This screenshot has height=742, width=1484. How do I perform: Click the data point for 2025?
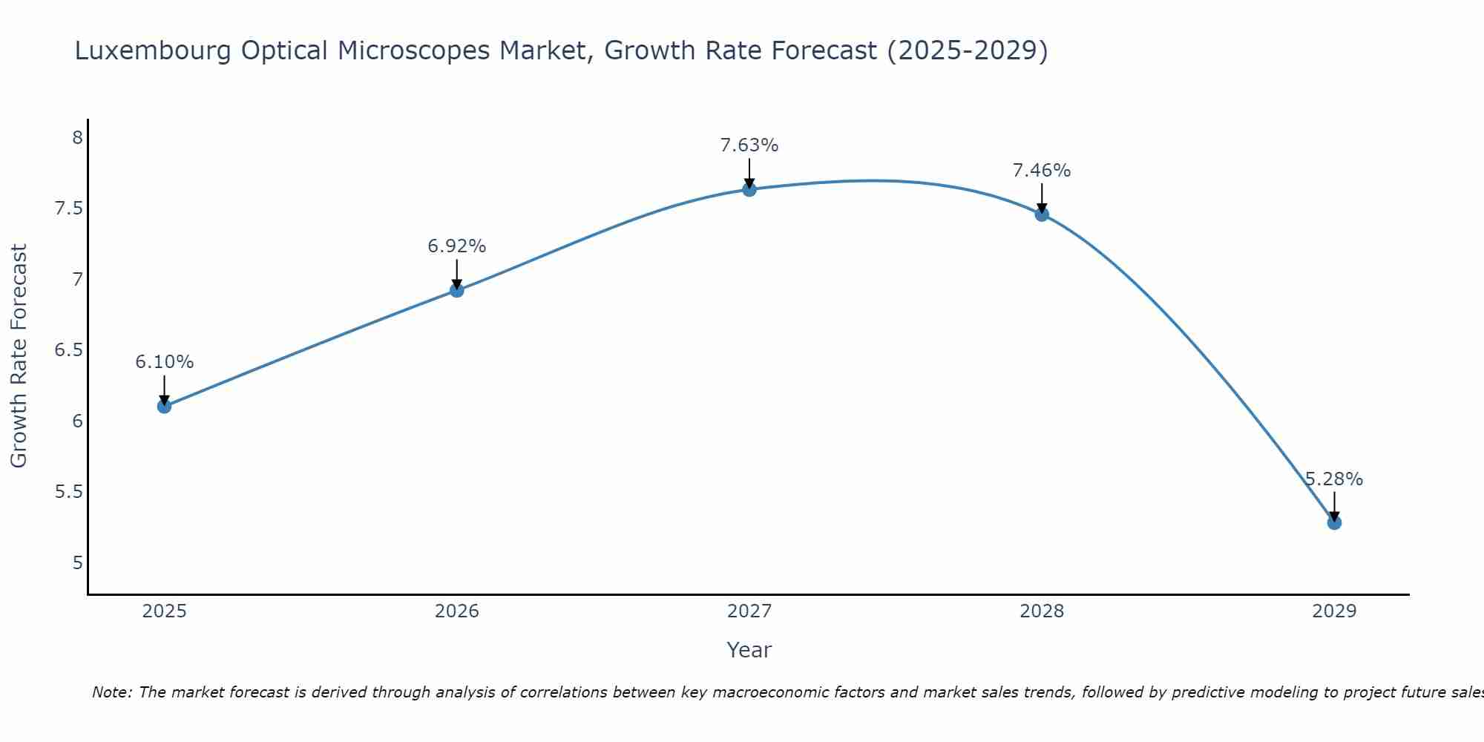click(x=165, y=406)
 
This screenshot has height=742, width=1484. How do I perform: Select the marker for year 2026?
click(x=457, y=290)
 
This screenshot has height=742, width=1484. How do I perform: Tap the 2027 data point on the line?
click(x=749, y=189)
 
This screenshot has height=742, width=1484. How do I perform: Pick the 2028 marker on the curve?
click(x=1042, y=214)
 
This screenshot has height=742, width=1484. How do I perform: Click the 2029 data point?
click(x=1334, y=522)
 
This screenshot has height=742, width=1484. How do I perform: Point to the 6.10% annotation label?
click(x=165, y=362)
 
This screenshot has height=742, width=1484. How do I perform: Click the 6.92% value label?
click(x=457, y=246)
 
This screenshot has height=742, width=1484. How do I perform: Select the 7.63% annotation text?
click(x=749, y=145)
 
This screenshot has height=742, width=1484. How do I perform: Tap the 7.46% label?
click(x=1042, y=171)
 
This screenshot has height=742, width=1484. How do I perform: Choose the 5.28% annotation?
click(x=1334, y=479)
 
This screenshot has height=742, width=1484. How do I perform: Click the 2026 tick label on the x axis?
click(x=457, y=611)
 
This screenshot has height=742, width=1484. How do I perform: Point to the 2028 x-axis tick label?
click(x=1042, y=611)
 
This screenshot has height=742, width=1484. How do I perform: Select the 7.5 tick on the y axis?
click(x=68, y=209)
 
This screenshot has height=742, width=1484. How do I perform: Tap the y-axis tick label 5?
click(x=77, y=562)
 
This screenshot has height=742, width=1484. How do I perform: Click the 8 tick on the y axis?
click(x=77, y=137)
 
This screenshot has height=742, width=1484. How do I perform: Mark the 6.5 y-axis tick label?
click(x=68, y=350)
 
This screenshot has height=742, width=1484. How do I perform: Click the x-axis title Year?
click(x=749, y=650)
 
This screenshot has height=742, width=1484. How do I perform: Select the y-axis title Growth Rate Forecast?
click(x=19, y=356)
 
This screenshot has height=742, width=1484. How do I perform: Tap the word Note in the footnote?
click(x=111, y=692)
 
